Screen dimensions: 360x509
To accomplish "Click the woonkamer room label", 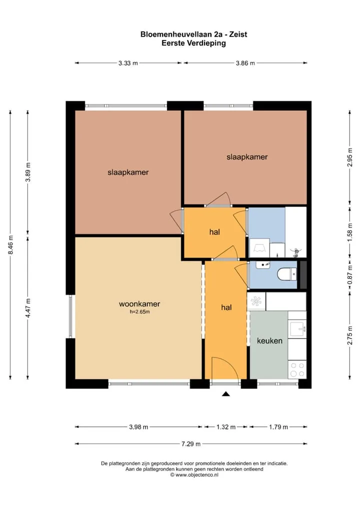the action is (139, 304).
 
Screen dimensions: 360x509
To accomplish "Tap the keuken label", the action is (269, 340).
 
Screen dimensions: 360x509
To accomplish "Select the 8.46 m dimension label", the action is (10, 244).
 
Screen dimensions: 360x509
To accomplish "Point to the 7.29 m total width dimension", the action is (191, 444).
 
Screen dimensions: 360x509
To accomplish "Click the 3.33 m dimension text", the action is (128, 63).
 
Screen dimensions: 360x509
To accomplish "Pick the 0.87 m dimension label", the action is (350, 275).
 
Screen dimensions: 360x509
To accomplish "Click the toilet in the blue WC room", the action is (287, 273).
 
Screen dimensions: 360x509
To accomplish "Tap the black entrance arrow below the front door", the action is (226, 394).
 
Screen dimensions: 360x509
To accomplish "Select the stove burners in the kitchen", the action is (297, 369).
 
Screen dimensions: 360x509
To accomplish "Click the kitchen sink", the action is (297, 329).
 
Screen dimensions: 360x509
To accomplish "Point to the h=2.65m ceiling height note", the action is (139, 312).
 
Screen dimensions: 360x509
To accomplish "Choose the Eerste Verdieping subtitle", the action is (194, 43).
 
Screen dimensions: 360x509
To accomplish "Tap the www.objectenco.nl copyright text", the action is (194, 474).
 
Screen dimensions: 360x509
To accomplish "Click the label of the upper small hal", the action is (214, 232).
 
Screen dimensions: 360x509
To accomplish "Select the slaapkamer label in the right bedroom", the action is (247, 157).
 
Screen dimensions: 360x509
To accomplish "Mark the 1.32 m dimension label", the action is (226, 427).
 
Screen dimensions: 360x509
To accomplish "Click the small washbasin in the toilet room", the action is (262, 265).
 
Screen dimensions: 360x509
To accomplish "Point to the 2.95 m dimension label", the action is (350, 157).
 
